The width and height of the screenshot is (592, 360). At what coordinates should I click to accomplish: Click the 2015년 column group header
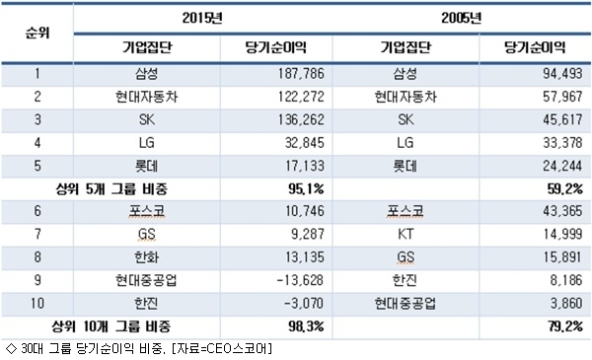tap(202, 18)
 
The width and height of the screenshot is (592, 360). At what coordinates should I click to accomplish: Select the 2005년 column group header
tap(462, 18)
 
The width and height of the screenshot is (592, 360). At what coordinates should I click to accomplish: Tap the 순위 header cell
tap(37, 33)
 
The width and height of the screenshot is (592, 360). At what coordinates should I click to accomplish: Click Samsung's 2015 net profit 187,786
tap(301, 73)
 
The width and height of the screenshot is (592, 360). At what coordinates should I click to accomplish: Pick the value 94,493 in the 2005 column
tap(562, 73)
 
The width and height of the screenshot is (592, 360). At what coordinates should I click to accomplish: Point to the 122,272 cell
tap(301, 97)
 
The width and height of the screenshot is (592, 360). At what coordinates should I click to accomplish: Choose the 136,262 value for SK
tap(301, 119)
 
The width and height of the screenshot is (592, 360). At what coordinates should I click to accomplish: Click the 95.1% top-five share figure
tap(306, 188)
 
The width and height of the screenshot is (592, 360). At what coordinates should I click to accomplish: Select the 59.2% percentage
tap(564, 188)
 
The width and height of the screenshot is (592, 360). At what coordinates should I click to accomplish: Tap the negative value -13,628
tap(300, 280)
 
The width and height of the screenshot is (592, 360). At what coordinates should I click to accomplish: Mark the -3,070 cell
tap(304, 303)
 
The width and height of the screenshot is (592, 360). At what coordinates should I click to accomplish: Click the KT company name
tap(406, 234)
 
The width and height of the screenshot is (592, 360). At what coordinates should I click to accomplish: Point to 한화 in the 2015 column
tap(146, 257)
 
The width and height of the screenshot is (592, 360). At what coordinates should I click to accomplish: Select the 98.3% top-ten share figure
tap(306, 326)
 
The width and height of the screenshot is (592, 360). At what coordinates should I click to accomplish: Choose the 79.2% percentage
tap(565, 326)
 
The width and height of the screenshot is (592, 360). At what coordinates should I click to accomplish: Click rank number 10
tap(37, 303)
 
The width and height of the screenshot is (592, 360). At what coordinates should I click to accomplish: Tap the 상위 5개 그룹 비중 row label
tap(111, 188)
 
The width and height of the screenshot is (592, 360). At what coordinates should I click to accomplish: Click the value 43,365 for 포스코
tap(562, 211)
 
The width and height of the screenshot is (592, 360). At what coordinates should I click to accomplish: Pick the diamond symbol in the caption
tap(11, 348)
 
